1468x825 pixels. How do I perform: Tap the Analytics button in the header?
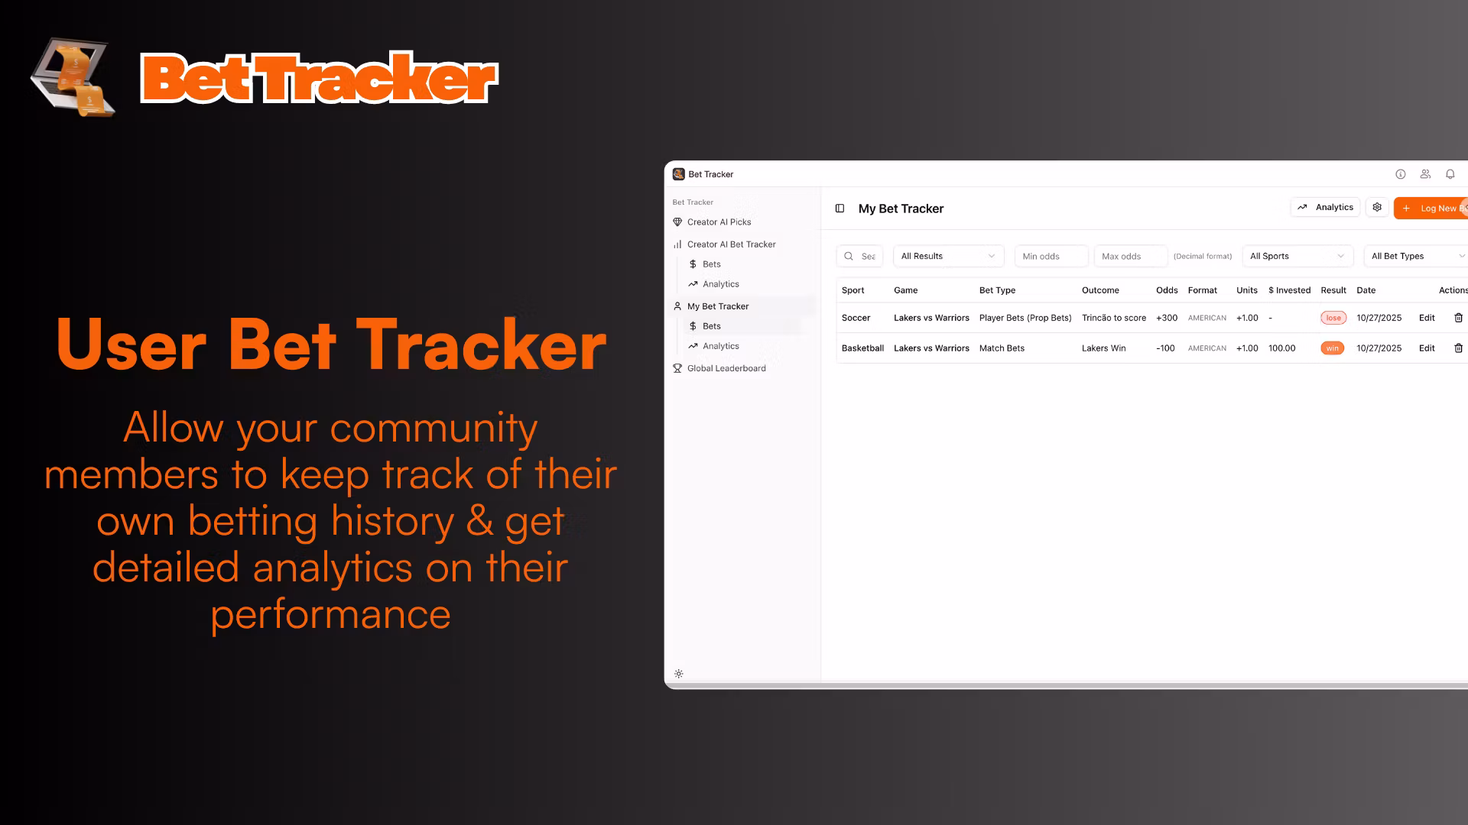(x=1325, y=208)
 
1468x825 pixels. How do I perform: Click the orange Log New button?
(x=1431, y=209)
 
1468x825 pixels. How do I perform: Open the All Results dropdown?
(x=948, y=257)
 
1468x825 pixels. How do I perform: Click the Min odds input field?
(x=1051, y=257)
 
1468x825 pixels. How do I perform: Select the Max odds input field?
(x=1131, y=257)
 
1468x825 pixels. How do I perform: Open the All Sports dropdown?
(x=1297, y=257)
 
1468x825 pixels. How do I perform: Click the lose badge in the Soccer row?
(x=1333, y=318)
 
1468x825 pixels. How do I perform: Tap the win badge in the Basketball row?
(x=1333, y=348)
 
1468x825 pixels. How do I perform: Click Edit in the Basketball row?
(x=1427, y=348)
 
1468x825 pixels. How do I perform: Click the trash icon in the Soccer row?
(x=1458, y=318)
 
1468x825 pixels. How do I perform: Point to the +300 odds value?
(x=1167, y=318)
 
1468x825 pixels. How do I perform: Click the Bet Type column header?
(x=997, y=290)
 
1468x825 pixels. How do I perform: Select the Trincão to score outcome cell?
(x=1114, y=318)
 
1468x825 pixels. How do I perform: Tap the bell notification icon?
(x=1450, y=174)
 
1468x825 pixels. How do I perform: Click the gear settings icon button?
(x=1377, y=208)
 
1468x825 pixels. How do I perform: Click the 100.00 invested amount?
(x=1282, y=348)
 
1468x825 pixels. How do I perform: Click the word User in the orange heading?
(x=131, y=345)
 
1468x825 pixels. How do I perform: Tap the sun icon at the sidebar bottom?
(x=679, y=674)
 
